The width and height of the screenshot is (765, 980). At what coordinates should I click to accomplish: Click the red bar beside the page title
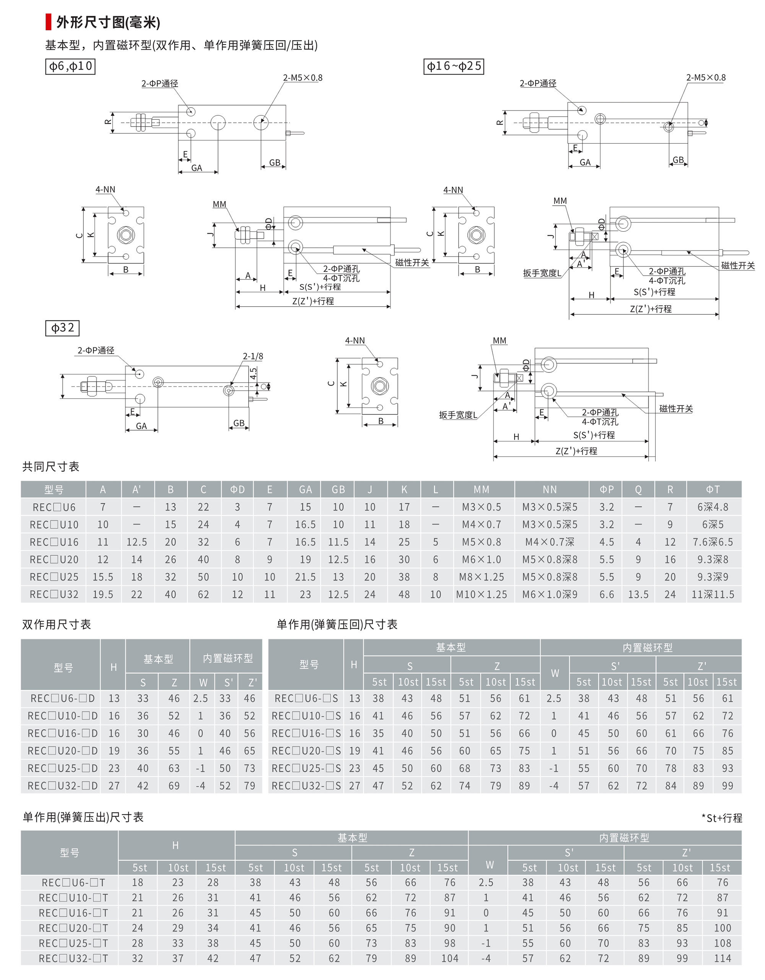48,22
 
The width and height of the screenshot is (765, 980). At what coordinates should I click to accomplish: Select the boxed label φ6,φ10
70,67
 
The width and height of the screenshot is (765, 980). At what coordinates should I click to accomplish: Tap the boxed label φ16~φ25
454,67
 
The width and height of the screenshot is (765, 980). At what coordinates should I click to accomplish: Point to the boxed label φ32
62,328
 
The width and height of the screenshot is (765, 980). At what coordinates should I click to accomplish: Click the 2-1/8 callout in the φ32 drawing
253,356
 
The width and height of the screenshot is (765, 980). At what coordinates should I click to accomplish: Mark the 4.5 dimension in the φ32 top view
254,373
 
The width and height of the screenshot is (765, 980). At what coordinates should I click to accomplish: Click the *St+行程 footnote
721,818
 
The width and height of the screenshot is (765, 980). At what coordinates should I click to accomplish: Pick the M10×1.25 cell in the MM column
481,595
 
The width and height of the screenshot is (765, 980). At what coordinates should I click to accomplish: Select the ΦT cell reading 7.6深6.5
713,542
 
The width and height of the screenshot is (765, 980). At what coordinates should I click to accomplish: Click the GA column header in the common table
305,489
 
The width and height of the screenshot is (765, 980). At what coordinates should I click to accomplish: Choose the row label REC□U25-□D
62,768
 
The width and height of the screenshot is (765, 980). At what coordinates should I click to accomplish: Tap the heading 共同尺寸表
51,466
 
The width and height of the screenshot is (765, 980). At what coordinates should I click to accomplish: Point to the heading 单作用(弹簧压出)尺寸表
83,817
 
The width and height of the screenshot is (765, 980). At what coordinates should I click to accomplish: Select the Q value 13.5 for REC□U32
638,595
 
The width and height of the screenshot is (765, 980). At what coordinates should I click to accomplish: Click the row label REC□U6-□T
73,882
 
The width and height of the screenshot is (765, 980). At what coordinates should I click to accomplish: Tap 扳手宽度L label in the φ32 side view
458,415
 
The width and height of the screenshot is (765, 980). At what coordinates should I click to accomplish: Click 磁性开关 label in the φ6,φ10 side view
412,263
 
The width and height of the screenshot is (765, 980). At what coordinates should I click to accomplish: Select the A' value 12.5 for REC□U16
137,542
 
